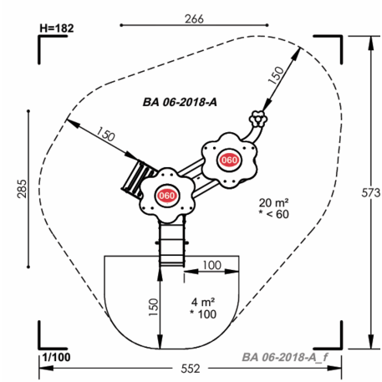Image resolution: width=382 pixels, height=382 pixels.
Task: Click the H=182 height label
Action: click(x=57, y=28)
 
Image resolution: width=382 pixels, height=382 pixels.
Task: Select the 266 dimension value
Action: click(x=194, y=19)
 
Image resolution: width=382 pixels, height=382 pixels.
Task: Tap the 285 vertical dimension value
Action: click(x=23, y=189)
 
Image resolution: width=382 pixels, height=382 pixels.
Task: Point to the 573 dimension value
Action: click(x=370, y=193)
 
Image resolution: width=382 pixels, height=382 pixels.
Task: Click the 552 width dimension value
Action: click(x=191, y=369)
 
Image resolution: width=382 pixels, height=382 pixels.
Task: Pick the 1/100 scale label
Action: click(x=57, y=357)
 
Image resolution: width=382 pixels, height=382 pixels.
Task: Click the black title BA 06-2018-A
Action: click(x=180, y=102)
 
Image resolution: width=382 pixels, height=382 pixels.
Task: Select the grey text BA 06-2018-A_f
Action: click(x=285, y=357)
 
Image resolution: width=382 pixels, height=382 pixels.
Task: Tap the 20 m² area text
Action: click(x=273, y=202)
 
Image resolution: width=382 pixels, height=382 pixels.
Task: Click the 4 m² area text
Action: click(x=203, y=302)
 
